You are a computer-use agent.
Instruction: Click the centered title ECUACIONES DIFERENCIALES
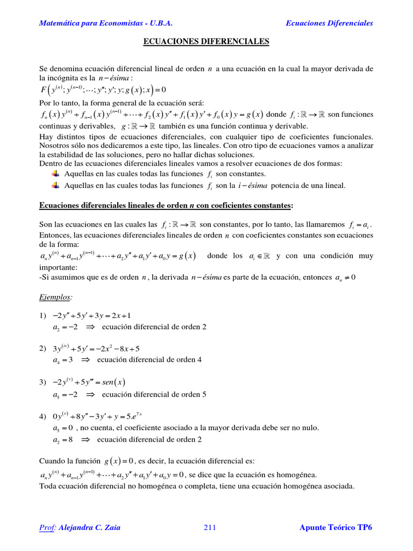[206, 41]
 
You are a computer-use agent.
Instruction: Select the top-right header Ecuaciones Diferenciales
[329, 23]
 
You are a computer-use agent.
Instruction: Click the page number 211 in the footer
[210, 527]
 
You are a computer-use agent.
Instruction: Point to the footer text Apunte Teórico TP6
[336, 527]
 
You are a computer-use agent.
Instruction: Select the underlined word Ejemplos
[56, 297]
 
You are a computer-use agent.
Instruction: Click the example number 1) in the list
[43, 315]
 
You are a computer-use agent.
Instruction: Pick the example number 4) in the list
[43, 416]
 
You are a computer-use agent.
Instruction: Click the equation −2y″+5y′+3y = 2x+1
[91, 315]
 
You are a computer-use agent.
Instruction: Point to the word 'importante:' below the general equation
[59, 267]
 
